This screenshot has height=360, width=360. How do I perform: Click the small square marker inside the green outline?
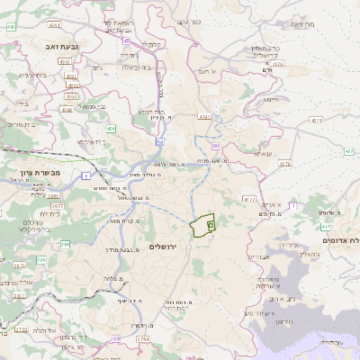pos(211,224)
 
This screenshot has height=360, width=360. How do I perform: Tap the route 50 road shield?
pos(160,141)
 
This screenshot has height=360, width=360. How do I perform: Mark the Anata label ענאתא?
pos(263,154)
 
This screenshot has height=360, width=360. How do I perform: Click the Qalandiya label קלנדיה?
pos(154,43)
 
